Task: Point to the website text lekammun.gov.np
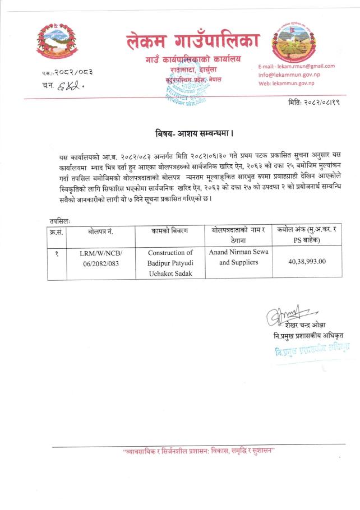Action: pyautogui.click(x=294, y=83)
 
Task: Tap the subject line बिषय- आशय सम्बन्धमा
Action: pyautogui.click(x=193, y=135)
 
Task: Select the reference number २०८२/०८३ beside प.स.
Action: pyautogui.click(x=75, y=72)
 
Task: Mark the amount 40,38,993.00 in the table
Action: pyautogui.click(x=307, y=261)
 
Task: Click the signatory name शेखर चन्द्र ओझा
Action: pyautogui.click(x=304, y=325)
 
